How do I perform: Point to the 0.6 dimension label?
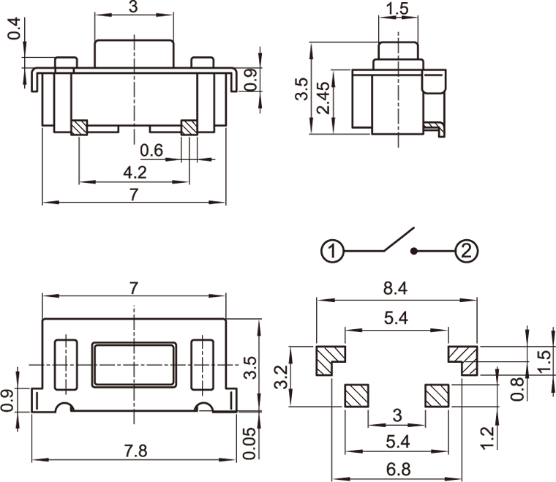point(151,151)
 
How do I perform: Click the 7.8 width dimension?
point(136,451)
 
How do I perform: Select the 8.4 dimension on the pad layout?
point(396,289)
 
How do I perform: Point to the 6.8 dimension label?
point(396,469)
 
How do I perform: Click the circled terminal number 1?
point(332,252)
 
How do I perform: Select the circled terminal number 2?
point(467,252)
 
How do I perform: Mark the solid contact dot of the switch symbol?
point(413,252)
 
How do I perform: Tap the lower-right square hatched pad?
point(437,395)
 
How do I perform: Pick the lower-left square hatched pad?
point(357,395)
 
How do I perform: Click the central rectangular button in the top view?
point(135,364)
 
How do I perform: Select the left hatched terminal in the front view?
point(78,127)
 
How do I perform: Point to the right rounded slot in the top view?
point(201,364)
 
